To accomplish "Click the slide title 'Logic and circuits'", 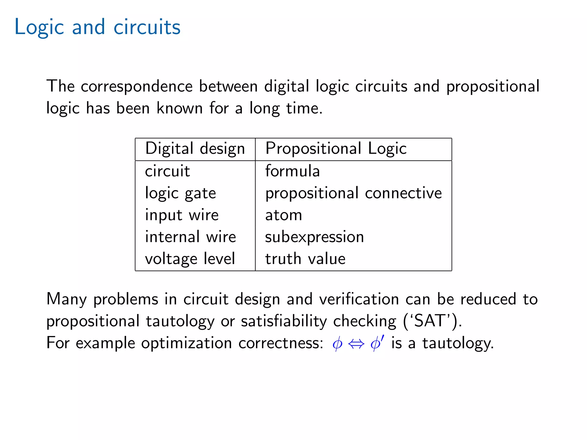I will point(97,27).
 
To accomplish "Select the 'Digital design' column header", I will point(195,149).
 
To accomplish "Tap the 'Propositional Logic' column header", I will point(336,149).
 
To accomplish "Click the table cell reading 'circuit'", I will point(167,171).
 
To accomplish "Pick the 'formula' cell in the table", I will point(292,171).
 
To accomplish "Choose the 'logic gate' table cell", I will point(180,193).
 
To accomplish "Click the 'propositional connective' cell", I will point(353,193).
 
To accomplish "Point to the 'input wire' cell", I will point(182,215).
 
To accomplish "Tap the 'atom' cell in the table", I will point(283,215).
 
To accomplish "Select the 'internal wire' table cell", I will point(190,237).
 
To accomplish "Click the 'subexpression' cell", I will point(314,237).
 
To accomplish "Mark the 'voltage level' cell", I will point(190,259).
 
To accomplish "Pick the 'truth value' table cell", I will point(305,259).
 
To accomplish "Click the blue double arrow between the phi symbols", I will point(356,343).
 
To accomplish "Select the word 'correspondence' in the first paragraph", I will point(137,87).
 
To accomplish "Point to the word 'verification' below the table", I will point(359,299).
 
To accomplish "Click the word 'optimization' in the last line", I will point(186,343).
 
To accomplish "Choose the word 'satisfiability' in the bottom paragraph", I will point(283,321).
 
